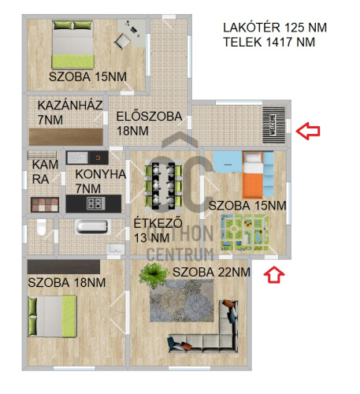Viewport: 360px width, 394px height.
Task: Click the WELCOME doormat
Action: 274,125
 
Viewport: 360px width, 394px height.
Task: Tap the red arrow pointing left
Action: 308,131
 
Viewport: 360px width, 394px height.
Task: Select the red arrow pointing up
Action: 274,274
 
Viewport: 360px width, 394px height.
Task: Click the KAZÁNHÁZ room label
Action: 70,106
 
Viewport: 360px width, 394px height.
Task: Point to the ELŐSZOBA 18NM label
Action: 149,124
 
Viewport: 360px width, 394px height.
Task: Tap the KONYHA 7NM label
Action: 101,181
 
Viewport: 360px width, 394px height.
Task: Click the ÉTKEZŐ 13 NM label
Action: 158,230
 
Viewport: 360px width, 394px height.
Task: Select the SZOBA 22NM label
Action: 211,272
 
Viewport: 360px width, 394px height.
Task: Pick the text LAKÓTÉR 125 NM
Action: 275,28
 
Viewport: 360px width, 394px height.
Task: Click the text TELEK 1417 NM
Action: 269,42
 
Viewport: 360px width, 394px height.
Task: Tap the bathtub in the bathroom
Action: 91,227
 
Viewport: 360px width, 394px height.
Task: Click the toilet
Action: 41,227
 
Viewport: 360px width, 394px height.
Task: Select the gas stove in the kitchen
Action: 96,203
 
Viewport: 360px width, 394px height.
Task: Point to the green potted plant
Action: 153,275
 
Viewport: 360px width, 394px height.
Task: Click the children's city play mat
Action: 244,232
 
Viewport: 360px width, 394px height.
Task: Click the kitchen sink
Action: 77,158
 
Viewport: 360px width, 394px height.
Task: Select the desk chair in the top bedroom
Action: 122,41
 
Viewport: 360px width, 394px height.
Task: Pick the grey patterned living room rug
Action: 182,301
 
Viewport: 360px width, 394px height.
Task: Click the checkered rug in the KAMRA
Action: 45,205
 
